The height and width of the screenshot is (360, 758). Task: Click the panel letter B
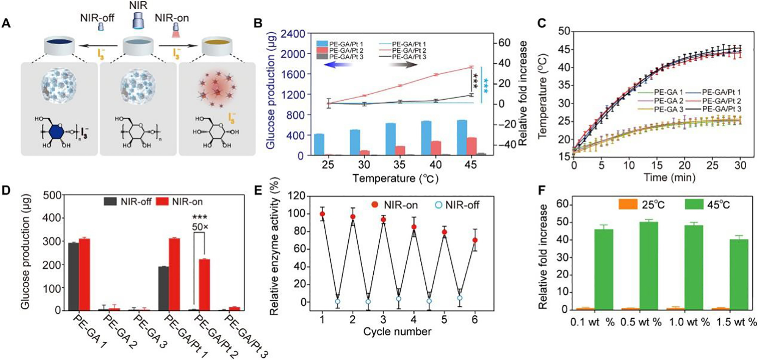[258, 23]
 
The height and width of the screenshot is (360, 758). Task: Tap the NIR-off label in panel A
[97, 17]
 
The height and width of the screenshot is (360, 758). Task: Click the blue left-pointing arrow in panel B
[337, 65]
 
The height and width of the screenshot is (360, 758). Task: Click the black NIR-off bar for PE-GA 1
[73, 276]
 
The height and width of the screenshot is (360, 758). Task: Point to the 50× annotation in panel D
[200, 227]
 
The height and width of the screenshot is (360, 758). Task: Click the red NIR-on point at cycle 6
[475, 240]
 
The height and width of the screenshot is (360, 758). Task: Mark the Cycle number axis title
[397, 332]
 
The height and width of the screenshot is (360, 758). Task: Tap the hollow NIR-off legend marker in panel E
[439, 205]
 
